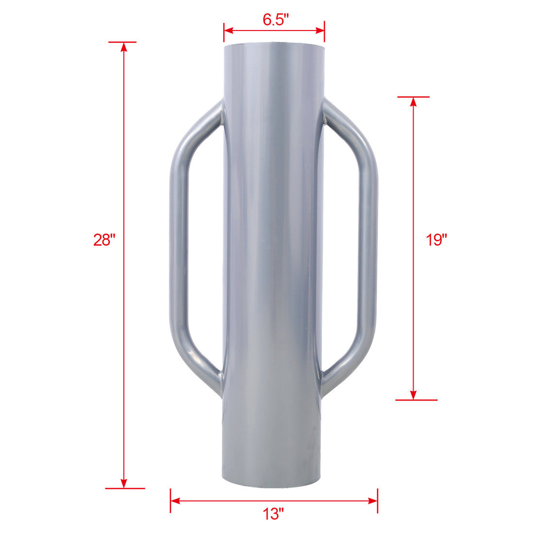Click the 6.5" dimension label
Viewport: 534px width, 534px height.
click(276, 20)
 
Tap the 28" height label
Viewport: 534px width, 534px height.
click(103, 240)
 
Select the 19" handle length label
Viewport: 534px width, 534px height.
click(436, 240)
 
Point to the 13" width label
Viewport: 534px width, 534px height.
click(274, 514)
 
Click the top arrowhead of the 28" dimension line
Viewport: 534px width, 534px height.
click(124, 47)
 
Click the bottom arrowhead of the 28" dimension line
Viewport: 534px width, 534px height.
click(124, 483)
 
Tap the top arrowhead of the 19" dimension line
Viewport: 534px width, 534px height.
click(413, 101)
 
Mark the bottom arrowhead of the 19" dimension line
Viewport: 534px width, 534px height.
click(413, 395)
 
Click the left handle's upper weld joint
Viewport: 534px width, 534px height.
click(221, 114)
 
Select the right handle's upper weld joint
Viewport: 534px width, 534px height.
click(325, 114)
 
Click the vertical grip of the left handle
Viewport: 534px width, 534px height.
click(177, 243)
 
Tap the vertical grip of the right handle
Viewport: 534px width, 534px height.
click(370, 243)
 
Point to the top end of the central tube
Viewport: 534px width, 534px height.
click(274, 47)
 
